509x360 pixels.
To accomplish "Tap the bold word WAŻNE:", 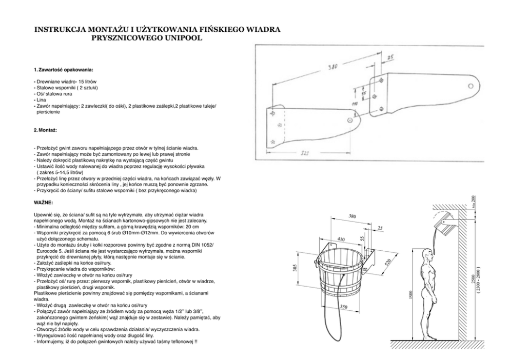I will tap(43, 203).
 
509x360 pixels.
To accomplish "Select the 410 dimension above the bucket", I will tap(341, 239).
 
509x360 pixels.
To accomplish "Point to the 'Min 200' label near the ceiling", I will tap(474, 201).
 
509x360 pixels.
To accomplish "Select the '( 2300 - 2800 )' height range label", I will tap(478, 280).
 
